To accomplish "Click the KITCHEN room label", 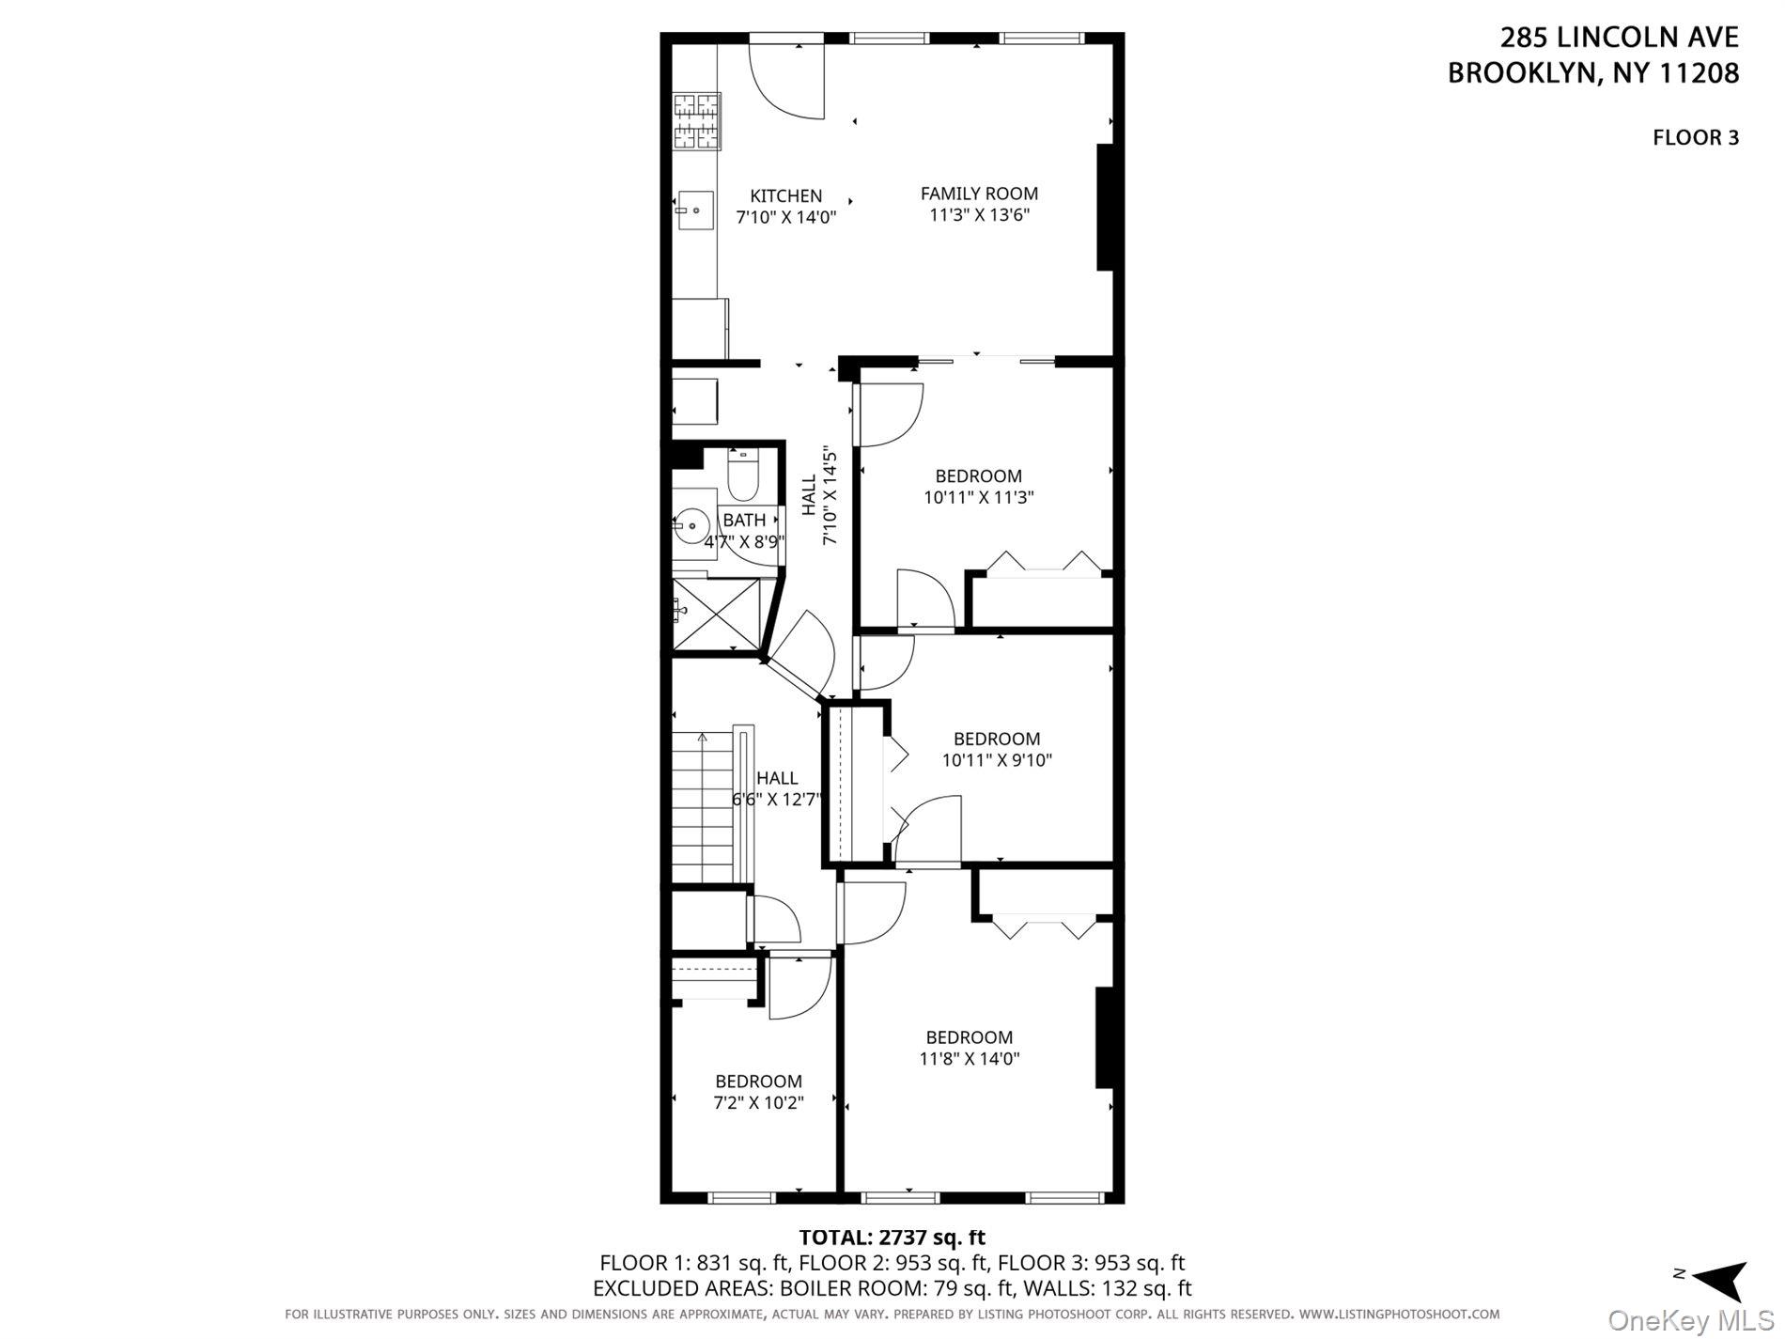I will (x=785, y=196).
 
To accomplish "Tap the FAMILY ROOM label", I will (x=979, y=194).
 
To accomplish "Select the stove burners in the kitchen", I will (x=696, y=122).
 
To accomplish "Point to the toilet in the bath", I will (x=743, y=477).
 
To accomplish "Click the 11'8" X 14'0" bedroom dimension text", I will (x=970, y=1059).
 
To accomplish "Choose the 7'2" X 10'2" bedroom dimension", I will (x=758, y=1102).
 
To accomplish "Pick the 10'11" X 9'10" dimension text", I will (x=997, y=759).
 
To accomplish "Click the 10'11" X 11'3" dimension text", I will (x=979, y=497).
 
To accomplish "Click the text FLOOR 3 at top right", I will (x=1696, y=138).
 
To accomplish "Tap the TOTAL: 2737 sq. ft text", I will (x=892, y=1238).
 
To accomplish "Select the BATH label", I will (x=744, y=521).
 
